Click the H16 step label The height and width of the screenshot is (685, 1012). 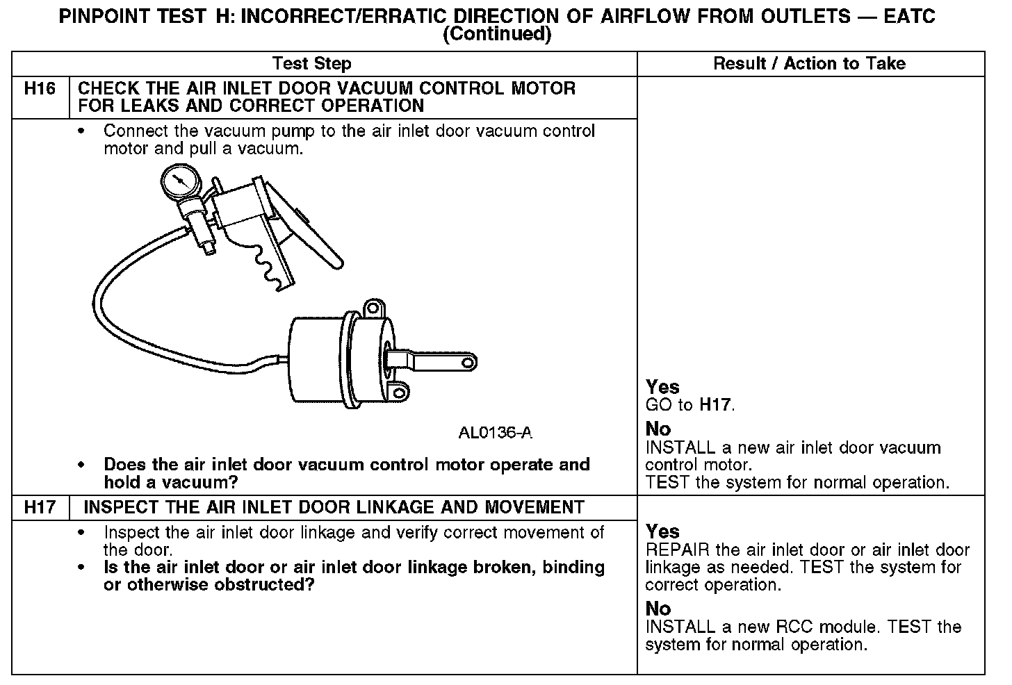click(40, 89)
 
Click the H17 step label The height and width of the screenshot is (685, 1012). click(40, 507)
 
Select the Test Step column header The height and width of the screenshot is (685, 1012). click(312, 64)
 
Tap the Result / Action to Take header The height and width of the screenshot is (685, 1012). click(810, 64)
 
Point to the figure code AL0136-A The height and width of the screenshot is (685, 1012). click(495, 433)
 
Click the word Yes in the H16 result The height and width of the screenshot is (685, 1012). click(662, 387)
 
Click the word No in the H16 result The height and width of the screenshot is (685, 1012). click(658, 429)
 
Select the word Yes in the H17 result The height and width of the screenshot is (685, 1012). click(662, 531)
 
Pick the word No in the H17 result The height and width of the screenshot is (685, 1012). click(658, 609)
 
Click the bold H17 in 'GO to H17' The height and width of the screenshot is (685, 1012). click(715, 405)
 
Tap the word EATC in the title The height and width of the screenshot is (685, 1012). click(909, 17)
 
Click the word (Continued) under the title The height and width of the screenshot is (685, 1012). click(497, 35)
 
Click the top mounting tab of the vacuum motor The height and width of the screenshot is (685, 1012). click(375, 307)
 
